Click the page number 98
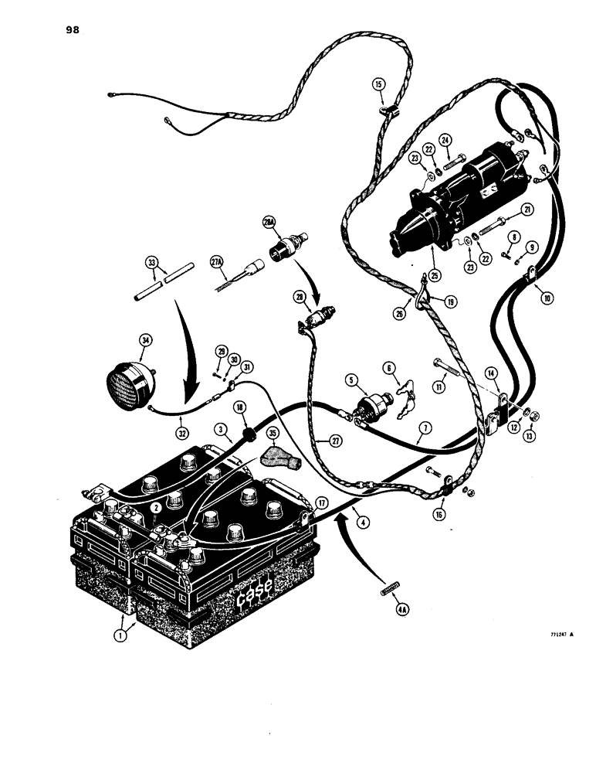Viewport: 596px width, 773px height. click(69, 30)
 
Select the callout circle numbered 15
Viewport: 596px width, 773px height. click(379, 83)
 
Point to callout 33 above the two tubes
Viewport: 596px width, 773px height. click(151, 262)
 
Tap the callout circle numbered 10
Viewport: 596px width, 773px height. click(547, 297)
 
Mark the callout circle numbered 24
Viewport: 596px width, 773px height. click(466, 140)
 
